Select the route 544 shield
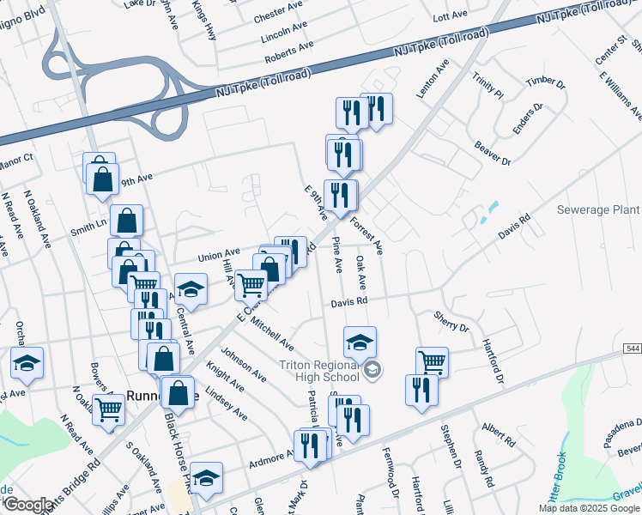[632, 348]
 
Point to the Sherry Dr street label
[451, 322]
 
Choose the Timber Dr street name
[546, 82]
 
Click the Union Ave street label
[219, 255]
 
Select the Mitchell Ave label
[272, 336]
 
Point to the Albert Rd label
[498, 435]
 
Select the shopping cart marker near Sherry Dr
[432, 361]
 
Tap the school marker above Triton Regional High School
[360, 342]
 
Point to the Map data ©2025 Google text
[588, 508]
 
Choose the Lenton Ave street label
[433, 79]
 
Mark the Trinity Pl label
[487, 86]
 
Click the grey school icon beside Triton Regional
[372, 371]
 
